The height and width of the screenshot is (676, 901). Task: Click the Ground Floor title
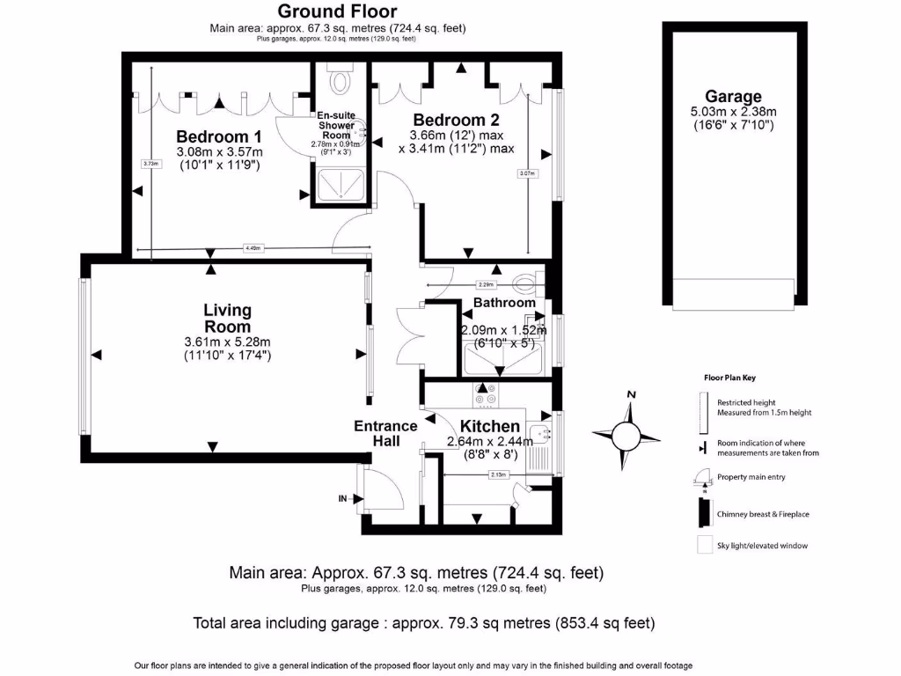coord(338,11)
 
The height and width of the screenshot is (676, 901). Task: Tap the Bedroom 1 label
coord(218,136)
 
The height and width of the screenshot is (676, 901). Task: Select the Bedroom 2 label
coord(450,120)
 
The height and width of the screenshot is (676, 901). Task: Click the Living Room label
coord(227,318)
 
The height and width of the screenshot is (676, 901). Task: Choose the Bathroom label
coord(504,303)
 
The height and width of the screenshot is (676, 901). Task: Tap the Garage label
coord(733,97)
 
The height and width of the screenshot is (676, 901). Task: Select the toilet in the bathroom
coord(527,282)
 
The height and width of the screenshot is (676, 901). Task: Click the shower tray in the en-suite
coord(339,186)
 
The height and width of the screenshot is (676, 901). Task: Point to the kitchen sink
coord(543,431)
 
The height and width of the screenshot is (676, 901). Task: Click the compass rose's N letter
coord(631,395)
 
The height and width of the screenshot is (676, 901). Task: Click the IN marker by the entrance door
coord(343,498)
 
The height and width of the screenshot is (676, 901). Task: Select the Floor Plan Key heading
coord(729,377)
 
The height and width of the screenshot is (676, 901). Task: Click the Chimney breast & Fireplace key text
coord(760,511)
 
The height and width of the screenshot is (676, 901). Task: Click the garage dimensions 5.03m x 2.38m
coord(733,112)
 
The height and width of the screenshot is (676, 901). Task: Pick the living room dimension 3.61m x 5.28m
coord(227,342)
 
